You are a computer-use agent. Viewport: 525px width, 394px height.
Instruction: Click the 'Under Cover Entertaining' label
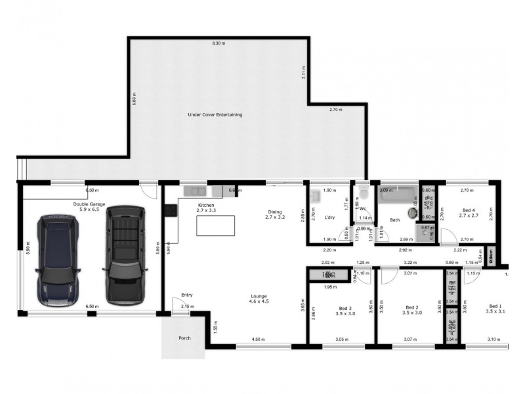click(x=215, y=115)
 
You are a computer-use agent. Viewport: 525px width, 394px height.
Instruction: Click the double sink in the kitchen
click(x=195, y=191)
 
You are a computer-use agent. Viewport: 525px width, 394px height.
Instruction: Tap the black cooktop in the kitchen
click(x=170, y=211)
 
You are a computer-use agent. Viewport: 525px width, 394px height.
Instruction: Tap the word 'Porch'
click(x=185, y=339)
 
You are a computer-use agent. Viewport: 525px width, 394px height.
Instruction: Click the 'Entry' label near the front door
click(x=187, y=295)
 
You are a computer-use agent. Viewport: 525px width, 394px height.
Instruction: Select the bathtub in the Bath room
click(x=398, y=195)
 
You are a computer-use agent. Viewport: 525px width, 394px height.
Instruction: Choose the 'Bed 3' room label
click(x=345, y=310)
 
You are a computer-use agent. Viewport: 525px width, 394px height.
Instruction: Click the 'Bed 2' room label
click(x=412, y=310)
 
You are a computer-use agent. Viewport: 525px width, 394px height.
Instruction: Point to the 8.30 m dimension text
click(x=218, y=43)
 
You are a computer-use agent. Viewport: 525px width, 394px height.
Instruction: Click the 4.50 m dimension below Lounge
click(x=259, y=339)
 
